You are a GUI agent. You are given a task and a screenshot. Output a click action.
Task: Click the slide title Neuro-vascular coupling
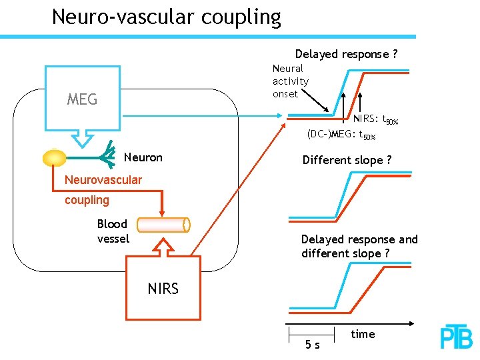tap(166, 17)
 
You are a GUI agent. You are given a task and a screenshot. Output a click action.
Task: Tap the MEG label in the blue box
tap(82, 100)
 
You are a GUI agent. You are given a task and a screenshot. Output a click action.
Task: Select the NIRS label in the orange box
tap(163, 289)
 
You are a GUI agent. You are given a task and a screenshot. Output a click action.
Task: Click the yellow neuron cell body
tap(54, 158)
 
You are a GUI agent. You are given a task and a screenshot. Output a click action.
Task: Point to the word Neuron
tap(143, 158)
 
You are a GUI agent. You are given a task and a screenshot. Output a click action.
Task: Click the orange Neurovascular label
tap(103, 180)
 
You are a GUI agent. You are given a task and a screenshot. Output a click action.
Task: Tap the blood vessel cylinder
tap(164, 225)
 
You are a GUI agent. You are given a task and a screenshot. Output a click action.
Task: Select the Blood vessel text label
tap(113, 231)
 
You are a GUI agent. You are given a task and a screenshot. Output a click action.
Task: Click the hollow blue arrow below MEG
tap(83, 138)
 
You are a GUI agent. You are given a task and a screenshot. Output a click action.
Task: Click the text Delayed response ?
tap(346, 54)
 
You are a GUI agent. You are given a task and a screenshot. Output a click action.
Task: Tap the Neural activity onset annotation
tap(290, 81)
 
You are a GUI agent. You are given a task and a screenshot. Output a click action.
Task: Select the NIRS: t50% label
tap(375, 120)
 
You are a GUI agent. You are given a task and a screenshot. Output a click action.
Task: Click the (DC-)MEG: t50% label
tap(341, 135)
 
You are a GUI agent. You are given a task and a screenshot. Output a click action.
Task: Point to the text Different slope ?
tap(347, 160)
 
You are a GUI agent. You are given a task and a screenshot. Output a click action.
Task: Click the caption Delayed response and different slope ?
tap(359, 246)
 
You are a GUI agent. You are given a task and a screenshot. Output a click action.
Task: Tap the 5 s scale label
tap(312, 345)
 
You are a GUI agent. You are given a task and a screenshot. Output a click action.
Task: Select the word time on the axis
tap(363, 334)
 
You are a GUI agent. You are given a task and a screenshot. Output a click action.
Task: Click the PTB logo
tap(456, 337)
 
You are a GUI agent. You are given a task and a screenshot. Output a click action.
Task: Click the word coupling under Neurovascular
tap(87, 200)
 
